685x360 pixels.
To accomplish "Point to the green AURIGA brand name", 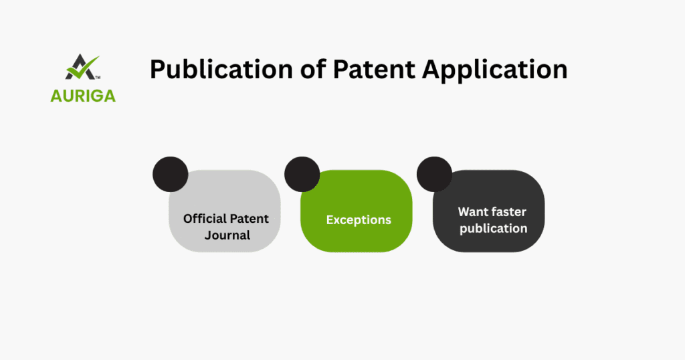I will (83, 96).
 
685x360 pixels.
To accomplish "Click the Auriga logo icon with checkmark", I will (81, 68).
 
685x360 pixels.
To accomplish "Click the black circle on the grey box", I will (170, 174).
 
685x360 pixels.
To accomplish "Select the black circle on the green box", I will (302, 174).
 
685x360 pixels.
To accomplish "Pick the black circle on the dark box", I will (434, 174).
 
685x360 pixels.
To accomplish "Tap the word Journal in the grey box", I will (227, 235).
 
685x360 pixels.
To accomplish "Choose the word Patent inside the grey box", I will (251, 219).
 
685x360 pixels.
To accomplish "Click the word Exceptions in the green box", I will (359, 219).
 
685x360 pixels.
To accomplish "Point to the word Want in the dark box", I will (473, 211).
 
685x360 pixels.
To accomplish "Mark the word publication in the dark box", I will (492, 228).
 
